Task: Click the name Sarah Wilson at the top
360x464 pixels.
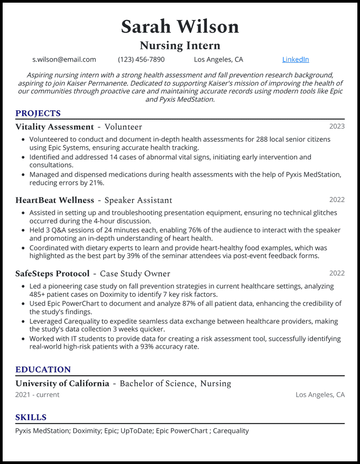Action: click(x=180, y=27)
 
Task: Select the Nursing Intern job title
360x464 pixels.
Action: click(x=180, y=45)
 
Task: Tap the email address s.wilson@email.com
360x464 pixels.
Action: click(x=64, y=59)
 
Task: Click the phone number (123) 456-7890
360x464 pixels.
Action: click(x=141, y=59)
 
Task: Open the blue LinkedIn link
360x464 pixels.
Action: click(x=295, y=59)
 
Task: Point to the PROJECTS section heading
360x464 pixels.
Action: click(x=38, y=113)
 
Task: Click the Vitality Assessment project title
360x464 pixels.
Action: click(x=55, y=127)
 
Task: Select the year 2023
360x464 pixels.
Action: click(x=337, y=126)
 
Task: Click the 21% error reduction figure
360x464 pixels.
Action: click(x=96, y=183)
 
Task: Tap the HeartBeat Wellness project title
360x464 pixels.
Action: click(x=55, y=200)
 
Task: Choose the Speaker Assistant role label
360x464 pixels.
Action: click(x=138, y=200)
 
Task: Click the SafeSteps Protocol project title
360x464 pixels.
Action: click(x=52, y=273)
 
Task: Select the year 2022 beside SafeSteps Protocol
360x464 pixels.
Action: click(x=337, y=273)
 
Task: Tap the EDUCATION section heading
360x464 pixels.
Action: click(x=43, y=370)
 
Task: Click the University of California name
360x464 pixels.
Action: click(x=62, y=383)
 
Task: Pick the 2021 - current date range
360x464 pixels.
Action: click(x=37, y=394)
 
